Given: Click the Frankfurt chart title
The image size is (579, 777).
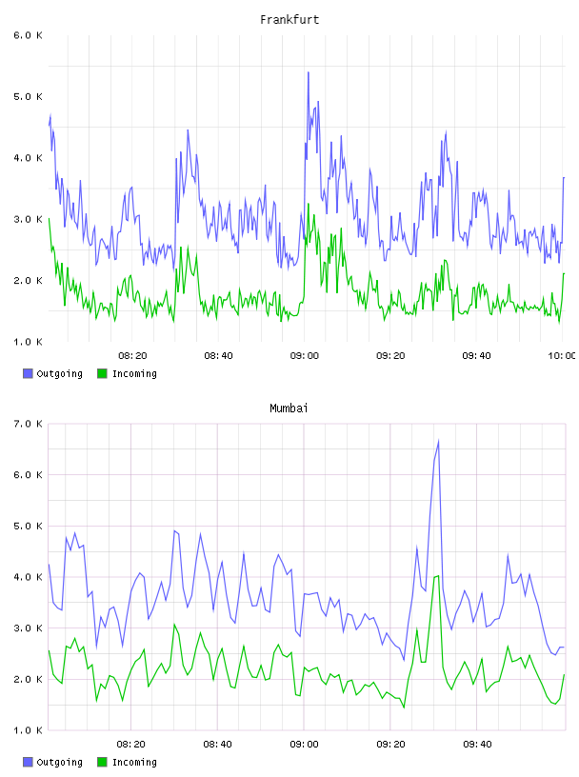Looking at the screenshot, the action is (x=289, y=20).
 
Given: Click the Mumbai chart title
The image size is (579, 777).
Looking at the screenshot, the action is (x=289, y=408).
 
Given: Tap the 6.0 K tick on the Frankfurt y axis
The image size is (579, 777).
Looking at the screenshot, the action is (x=28, y=35).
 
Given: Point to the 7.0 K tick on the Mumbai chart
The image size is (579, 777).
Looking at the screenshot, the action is (x=28, y=424).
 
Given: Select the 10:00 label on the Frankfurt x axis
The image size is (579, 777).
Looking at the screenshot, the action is (x=561, y=355).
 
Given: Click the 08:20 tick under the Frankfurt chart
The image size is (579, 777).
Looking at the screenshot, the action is (x=133, y=355).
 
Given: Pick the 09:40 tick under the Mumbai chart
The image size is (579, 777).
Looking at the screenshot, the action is (x=477, y=744).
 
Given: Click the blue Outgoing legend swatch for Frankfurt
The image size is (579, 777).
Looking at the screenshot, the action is (x=28, y=373).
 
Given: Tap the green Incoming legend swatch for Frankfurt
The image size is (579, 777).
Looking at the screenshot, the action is (x=102, y=373).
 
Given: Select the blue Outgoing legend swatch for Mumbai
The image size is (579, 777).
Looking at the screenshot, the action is (x=28, y=762).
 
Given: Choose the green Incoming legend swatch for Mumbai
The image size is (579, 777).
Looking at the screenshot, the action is (x=102, y=762).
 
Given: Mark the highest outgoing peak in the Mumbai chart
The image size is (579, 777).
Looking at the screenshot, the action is (x=438, y=441).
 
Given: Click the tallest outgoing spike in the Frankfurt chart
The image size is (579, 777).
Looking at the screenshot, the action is (x=308, y=72).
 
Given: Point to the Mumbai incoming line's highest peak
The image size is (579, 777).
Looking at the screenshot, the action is (x=438, y=576).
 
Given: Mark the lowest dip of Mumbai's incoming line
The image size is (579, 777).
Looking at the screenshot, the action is (x=404, y=707).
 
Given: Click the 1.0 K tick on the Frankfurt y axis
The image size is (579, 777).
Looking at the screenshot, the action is (x=28, y=342).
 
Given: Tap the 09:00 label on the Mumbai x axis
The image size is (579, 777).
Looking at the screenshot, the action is (x=305, y=744).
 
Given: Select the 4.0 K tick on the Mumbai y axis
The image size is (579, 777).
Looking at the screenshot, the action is (x=28, y=577).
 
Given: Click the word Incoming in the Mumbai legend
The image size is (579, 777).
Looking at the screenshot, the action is (x=134, y=762).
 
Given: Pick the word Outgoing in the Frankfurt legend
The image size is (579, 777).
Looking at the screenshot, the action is (x=59, y=373).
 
